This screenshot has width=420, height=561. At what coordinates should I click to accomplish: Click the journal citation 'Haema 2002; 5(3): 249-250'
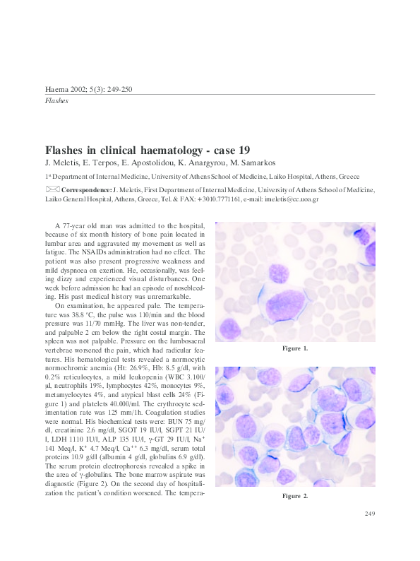(88, 89)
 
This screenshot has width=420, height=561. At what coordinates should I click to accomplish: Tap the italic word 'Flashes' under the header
(56, 101)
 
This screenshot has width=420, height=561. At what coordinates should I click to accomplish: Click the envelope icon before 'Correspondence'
(53, 189)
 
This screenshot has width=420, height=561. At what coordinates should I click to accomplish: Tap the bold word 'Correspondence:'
(87, 190)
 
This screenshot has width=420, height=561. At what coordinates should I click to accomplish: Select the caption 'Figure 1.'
(295, 349)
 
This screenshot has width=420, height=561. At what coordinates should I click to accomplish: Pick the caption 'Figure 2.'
(295, 497)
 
